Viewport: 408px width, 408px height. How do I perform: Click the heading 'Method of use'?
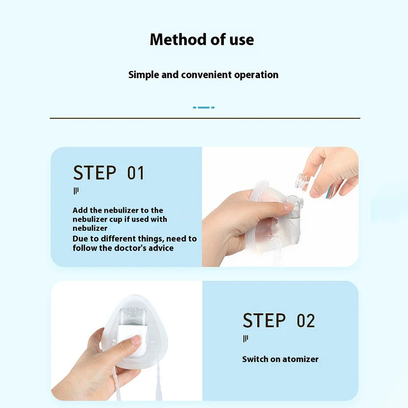[201, 39]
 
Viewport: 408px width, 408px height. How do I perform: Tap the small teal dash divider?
[203, 108]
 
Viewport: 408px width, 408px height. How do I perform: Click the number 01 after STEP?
[136, 173]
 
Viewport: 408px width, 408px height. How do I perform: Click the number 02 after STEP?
[306, 321]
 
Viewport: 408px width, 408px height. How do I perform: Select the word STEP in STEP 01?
[94, 173]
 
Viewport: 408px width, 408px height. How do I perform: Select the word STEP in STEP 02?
[264, 321]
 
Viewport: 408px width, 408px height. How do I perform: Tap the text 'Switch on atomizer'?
[280, 359]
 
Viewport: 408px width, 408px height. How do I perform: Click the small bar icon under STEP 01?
[76, 191]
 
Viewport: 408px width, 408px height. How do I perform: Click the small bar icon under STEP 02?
[245, 339]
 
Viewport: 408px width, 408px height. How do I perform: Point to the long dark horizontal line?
[204, 118]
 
